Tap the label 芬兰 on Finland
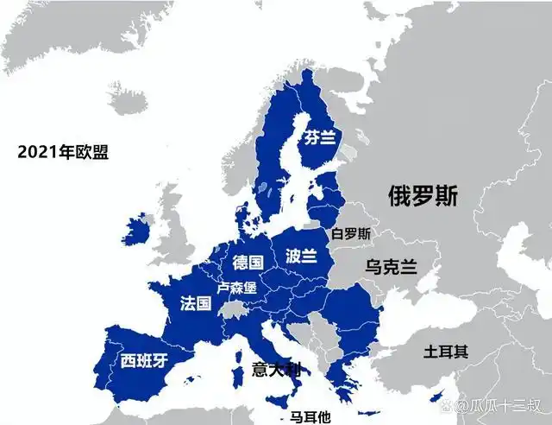tap(318, 137)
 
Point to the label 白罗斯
tap(351, 233)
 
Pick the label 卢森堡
tap(236, 287)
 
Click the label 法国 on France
tap(196, 303)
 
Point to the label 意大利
tap(277, 370)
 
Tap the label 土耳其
tap(446, 352)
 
